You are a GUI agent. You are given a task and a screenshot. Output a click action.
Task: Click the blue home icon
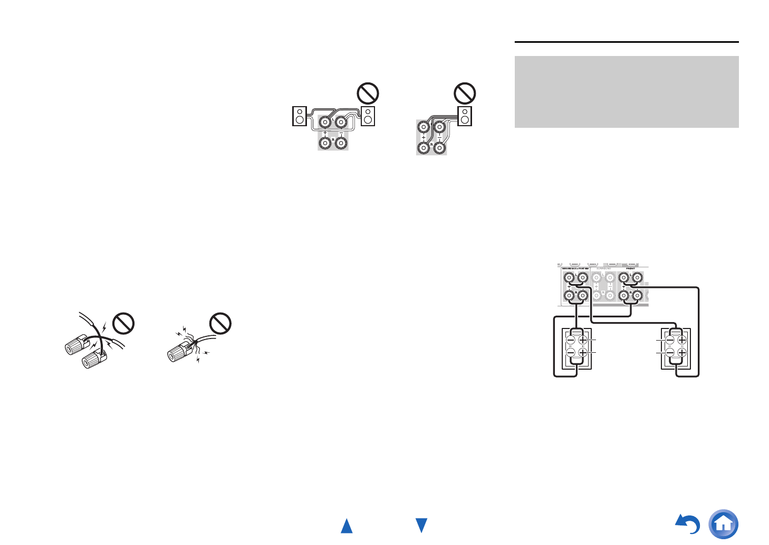[724, 524]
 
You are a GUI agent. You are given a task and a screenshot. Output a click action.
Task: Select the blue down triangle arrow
[421, 525]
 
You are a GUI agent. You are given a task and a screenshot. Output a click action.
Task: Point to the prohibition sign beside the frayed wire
[220, 323]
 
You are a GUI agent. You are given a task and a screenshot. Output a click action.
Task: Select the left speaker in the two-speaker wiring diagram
[300, 116]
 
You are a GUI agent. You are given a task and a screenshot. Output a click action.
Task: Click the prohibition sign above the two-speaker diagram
[368, 93]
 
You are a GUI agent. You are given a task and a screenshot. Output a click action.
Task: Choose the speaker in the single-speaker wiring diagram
[465, 116]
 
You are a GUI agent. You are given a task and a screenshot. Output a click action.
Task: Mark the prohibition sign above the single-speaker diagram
[465, 93]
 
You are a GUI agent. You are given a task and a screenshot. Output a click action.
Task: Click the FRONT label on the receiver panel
[630, 269]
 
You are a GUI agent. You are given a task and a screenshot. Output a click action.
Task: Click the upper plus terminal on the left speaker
[583, 340]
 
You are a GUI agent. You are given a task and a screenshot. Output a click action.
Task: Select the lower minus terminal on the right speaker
[669, 352]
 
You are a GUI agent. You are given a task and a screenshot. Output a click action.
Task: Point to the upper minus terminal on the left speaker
[571, 340]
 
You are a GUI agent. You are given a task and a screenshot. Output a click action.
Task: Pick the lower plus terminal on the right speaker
[681, 352]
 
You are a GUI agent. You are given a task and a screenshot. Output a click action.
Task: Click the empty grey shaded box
[626, 92]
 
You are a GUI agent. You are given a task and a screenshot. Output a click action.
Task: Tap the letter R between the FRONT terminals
[630, 292]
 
